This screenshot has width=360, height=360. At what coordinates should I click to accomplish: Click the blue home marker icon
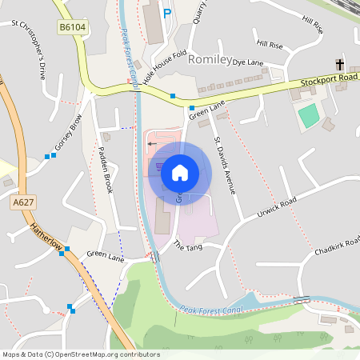[x=179, y=173]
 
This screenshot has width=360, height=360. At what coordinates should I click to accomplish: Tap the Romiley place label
[x=209, y=59]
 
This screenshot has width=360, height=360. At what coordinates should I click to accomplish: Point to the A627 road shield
[x=23, y=204]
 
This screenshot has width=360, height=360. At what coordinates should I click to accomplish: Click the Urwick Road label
[x=277, y=207]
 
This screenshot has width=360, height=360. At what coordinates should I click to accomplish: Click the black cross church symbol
[x=339, y=64]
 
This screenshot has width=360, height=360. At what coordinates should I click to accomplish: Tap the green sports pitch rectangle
[x=308, y=116]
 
